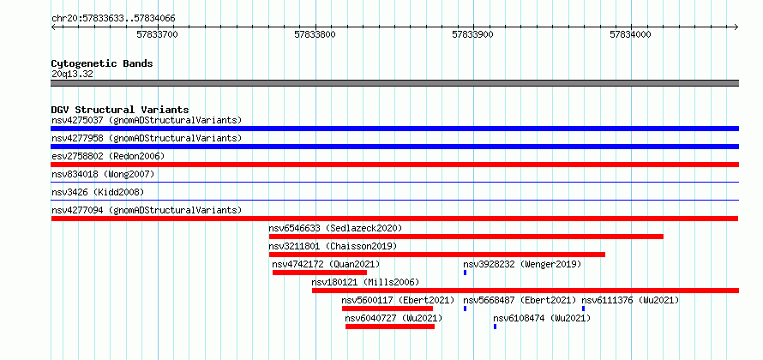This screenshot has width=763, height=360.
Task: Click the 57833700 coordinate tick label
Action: [157, 34]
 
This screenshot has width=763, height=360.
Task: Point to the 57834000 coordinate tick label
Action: [630, 34]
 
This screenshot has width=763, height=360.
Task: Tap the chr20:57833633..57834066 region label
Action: [113, 19]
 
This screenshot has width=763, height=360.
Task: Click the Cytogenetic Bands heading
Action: [102, 63]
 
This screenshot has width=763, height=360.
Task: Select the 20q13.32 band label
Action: [72, 75]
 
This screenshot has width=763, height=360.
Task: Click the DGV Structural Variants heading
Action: [120, 110]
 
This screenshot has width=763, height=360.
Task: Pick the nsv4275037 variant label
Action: [77, 120]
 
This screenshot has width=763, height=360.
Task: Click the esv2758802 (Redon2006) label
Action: [108, 156]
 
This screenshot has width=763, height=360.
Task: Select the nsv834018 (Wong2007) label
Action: [103, 174]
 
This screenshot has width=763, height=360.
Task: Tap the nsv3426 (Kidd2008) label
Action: [98, 192]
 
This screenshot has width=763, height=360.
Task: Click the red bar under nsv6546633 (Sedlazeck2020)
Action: [466, 237]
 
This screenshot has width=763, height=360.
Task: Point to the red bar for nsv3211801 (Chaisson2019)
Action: [437, 255]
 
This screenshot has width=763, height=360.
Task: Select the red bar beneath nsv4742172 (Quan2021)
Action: [320, 273]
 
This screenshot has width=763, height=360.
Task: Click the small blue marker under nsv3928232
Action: [466, 273]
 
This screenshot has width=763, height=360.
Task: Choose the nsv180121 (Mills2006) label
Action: [365, 282]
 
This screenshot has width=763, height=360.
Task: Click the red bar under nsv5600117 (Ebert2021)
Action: [388, 309]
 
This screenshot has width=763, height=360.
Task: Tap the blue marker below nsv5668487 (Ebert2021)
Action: [466, 309]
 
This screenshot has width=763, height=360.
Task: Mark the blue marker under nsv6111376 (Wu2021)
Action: [584, 309]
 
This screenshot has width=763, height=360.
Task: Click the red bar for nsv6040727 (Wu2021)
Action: [390, 327]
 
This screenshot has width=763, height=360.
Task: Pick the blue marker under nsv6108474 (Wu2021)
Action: [496, 327]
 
